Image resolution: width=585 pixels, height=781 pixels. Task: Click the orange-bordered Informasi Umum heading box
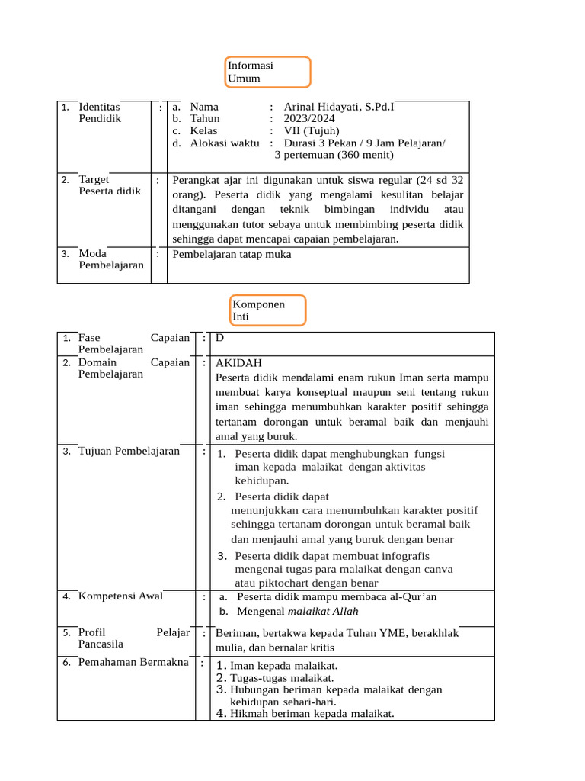pyautogui.click(x=268, y=72)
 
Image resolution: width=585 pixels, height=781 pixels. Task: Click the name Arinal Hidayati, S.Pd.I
pyautogui.click(x=338, y=108)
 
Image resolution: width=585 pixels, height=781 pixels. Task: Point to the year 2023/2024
pyautogui.click(x=307, y=119)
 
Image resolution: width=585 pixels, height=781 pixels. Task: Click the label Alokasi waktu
pyautogui.click(x=224, y=143)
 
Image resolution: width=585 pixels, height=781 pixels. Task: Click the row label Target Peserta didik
pyautogui.click(x=109, y=185)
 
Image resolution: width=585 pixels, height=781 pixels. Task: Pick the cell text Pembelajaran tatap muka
pyautogui.click(x=232, y=255)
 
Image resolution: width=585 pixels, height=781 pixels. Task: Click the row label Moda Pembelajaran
pyautogui.click(x=110, y=259)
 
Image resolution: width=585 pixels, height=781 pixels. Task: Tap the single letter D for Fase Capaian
pyautogui.click(x=220, y=337)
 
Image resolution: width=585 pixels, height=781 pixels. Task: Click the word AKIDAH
pyautogui.click(x=239, y=363)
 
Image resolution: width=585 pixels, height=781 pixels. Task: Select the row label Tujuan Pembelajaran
pyautogui.click(x=129, y=451)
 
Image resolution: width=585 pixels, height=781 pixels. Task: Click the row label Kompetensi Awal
pyautogui.click(x=120, y=596)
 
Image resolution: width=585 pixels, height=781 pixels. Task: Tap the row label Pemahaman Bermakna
pyautogui.click(x=133, y=662)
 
